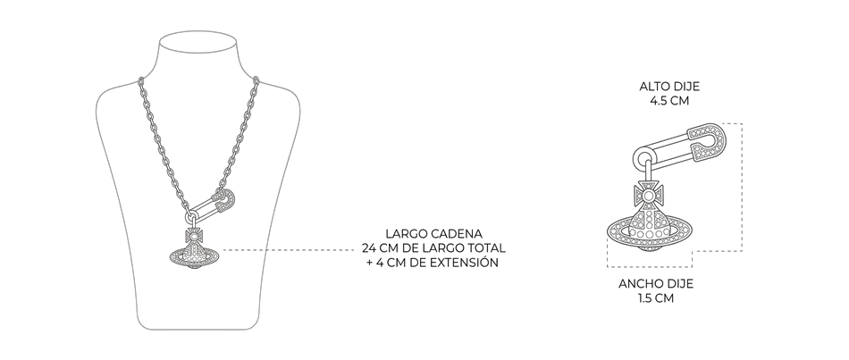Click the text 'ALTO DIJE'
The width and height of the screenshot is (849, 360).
tap(669, 87)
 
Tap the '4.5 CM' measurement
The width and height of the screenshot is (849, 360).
tap(669, 101)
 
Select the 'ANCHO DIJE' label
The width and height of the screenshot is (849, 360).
tap(656, 284)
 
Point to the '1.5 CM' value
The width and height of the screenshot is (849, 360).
tap(656, 297)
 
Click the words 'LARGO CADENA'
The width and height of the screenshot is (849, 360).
tap(433, 234)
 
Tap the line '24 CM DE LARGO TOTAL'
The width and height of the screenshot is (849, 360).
tap(433, 248)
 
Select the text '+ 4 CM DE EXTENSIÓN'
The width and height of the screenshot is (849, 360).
tap(432, 262)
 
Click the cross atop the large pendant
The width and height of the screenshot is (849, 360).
tap(648, 194)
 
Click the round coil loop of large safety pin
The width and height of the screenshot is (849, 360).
tap(644, 158)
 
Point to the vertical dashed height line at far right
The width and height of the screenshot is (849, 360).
tap(741, 187)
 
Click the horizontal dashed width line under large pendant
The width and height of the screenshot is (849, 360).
tap(650, 267)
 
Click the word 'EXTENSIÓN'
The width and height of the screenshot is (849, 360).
tap(465, 262)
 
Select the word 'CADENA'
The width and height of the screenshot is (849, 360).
tap(457, 234)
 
